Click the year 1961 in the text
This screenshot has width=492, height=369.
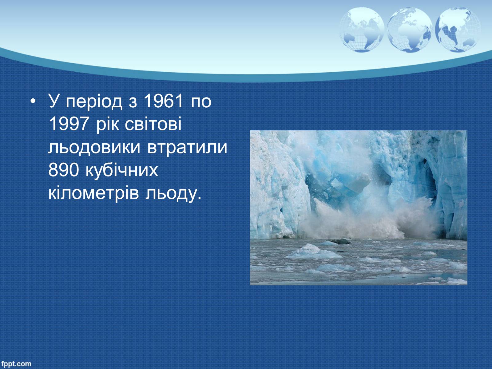point(163,101)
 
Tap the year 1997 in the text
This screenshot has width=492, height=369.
point(68,124)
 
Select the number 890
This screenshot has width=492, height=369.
point(64,170)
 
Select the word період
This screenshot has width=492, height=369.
point(94,102)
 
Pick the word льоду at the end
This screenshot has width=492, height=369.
point(173,194)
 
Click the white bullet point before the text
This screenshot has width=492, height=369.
point(33,101)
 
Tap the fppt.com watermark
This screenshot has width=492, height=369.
point(16,363)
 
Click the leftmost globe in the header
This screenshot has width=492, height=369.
point(362,30)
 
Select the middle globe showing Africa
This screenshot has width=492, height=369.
point(410,30)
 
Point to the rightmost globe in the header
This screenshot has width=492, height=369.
point(458,30)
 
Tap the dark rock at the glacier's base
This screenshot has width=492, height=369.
point(340,241)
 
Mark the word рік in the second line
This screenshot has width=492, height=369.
point(107,125)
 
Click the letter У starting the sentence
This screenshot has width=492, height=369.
point(53,101)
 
